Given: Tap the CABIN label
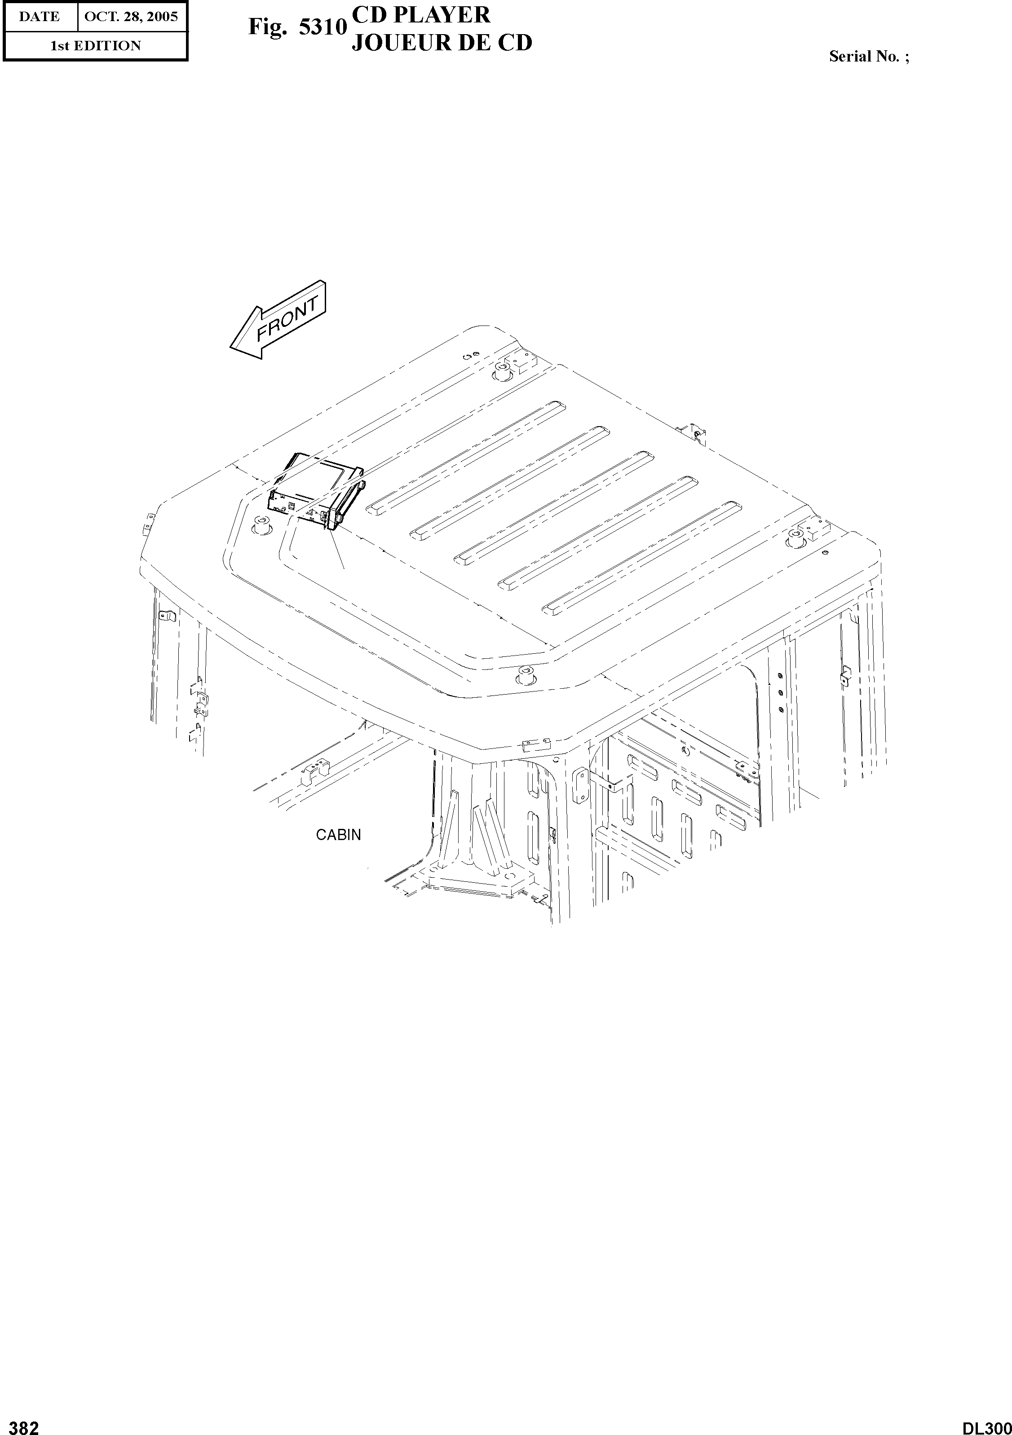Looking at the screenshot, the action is (338, 835).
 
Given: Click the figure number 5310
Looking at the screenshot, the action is (323, 27).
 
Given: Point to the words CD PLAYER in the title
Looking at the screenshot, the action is (421, 14).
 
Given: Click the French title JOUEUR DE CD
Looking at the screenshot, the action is (441, 43).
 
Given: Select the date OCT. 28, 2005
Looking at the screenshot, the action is (131, 16).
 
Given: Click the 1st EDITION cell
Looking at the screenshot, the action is (95, 46).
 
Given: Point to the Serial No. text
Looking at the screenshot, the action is (869, 56).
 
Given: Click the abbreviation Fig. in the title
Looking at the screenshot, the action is (266, 27).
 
